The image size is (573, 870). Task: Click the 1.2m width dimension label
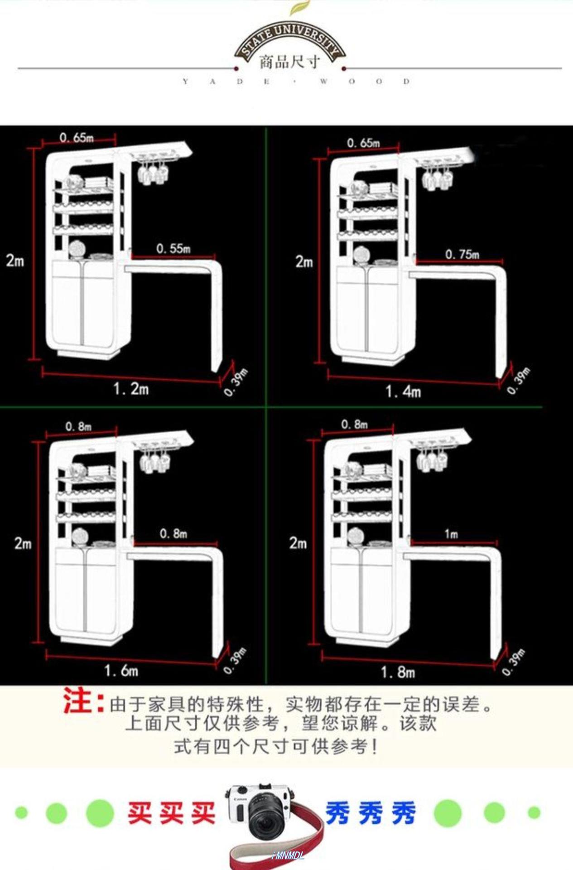tap(131, 389)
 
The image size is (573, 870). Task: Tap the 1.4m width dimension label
tap(403, 391)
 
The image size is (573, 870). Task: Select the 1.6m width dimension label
tap(121, 670)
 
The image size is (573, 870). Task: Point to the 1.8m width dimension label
tap(398, 672)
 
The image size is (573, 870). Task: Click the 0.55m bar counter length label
tap(173, 248)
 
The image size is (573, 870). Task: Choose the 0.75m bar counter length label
tap(462, 254)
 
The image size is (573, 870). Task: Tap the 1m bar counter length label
tap(451, 534)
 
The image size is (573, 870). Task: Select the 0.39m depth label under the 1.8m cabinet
tap(514, 662)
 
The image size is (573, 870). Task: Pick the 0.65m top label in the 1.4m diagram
tap(363, 143)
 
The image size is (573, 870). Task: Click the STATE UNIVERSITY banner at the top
tap(290, 39)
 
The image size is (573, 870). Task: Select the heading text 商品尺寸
tap(290, 62)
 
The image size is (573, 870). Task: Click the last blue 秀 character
tap(404, 813)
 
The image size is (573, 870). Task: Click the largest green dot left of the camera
tap(100, 813)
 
